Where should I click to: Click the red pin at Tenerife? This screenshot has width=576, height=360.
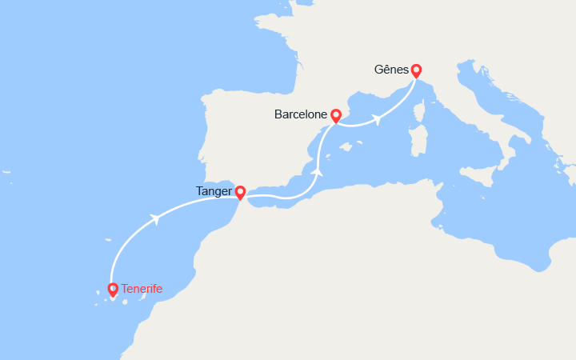pos(113,290)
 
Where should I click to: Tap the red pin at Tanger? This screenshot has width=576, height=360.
pos(240,192)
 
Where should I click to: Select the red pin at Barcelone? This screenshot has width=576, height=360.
pos(336,116)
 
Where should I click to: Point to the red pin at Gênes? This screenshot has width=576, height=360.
pos(416,70)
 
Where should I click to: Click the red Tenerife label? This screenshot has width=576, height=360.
pos(142,289)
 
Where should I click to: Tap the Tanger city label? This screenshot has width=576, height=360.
pos(214,191)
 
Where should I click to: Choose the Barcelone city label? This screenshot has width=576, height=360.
pos(301,114)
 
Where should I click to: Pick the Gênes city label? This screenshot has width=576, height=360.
pos(391,69)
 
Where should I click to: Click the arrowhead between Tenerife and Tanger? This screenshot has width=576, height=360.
pos(154,218)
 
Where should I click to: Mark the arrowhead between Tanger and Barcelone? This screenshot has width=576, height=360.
pos(318,171)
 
